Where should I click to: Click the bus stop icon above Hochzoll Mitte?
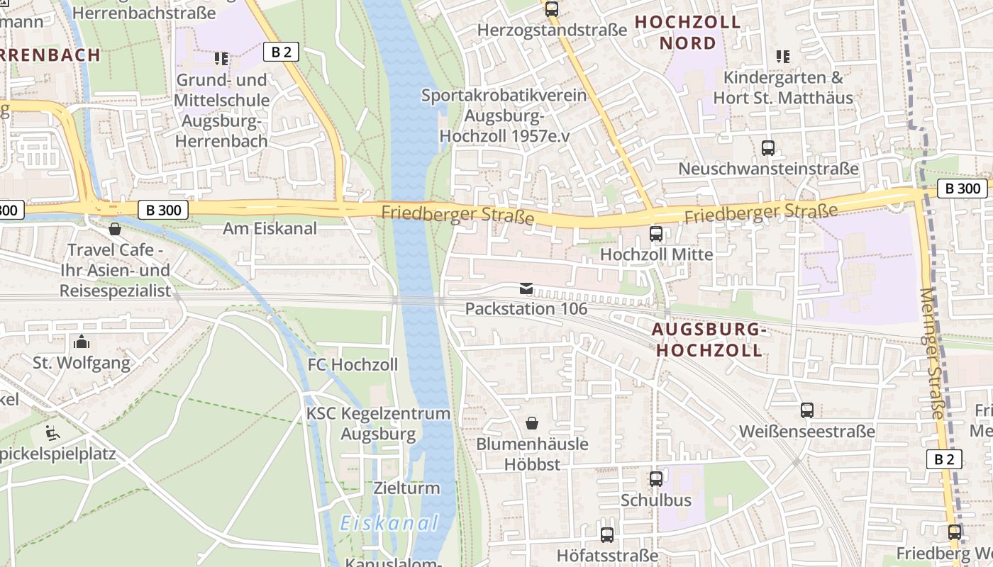pos(656,233)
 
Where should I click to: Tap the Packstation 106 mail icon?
pos(526,288)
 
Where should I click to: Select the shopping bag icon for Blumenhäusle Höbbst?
pos(532,423)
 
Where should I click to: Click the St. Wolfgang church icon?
pos(82,342)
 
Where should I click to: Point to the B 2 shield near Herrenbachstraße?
pos(282,51)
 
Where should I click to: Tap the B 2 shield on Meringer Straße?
pos(944,459)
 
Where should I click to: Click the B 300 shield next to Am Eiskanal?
pos(163,210)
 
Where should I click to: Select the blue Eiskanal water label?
pos(389,524)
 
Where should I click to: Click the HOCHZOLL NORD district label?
pos(687,33)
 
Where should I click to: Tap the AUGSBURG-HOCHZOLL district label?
pos(709,339)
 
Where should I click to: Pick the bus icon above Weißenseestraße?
pos(806,410)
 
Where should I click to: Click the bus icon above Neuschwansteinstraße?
pos(768,148)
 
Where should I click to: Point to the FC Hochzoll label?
pos(353,365)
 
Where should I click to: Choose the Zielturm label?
pos(406,488)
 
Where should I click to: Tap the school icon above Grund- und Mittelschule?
pos(221,58)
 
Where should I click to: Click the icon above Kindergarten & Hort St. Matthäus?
pos(782,56)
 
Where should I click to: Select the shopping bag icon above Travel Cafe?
pos(115,229)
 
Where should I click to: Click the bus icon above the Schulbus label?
pos(656,479)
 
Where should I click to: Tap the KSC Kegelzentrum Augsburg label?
pos(378,423)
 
